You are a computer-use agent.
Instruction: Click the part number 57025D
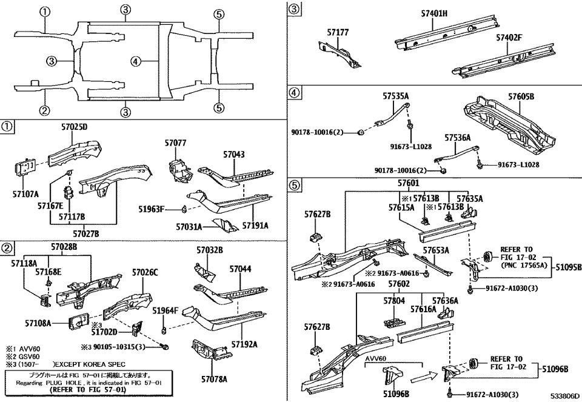coord(74,127)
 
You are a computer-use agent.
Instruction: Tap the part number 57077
coord(175,143)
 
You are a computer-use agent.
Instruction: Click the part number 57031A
coord(190,227)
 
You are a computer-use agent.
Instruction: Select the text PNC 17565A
coord(524,264)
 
